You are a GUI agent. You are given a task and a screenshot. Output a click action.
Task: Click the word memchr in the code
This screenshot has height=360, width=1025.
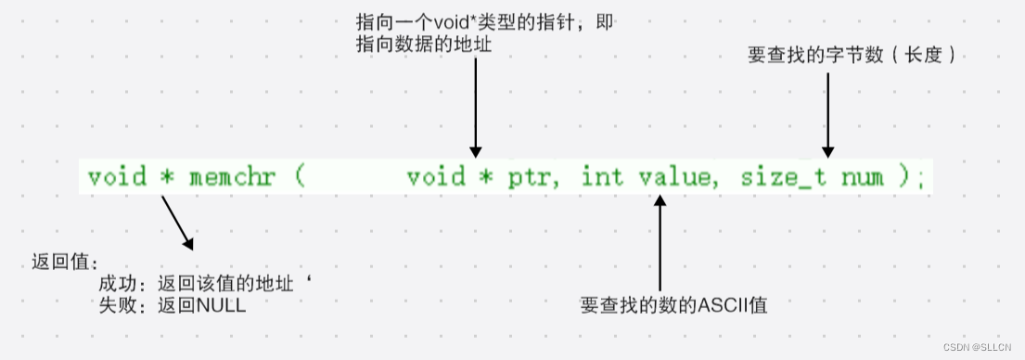coord(232,177)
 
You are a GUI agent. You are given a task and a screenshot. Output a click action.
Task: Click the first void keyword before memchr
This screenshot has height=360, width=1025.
coord(117,177)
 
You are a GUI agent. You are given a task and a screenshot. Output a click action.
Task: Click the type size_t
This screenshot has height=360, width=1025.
coord(783,177)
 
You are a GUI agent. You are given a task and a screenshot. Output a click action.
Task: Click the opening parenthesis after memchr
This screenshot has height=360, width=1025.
coord(300,177)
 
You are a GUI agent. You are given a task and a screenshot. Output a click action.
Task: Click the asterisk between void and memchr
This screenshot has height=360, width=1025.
coord(168,177)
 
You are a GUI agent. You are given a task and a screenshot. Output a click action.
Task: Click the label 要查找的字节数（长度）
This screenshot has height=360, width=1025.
coord(852,57)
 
